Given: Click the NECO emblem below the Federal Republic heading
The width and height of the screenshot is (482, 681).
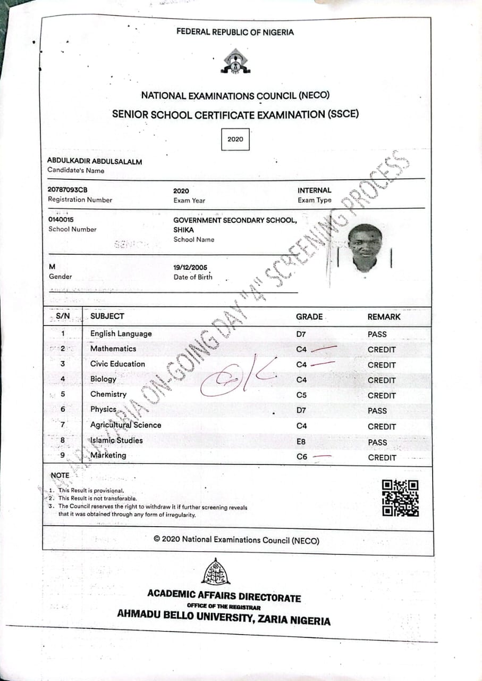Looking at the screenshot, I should pyautogui.click(x=234, y=61).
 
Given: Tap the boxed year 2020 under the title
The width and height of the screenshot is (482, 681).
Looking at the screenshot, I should pyautogui.click(x=235, y=139).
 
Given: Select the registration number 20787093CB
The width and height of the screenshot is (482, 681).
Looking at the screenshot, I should pyautogui.click(x=67, y=190).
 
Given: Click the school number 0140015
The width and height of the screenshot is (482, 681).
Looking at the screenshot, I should pyautogui.click(x=61, y=219).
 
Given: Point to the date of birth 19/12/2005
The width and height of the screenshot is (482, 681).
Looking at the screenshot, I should pyautogui.click(x=190, y=267).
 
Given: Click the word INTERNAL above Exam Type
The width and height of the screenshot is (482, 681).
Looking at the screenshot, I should pyautogui.click(x=314, y=190).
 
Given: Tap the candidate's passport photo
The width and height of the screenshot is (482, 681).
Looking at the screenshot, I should pyautogui.click(x=365, y=248).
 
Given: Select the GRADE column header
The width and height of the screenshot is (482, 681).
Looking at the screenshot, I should pyautogui.click(x=309, y=317).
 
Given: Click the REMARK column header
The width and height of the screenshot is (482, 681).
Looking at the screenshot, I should pyautogui.click(x=384, y=317).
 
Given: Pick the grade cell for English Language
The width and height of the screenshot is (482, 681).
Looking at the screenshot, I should pyautogui.click(x=301, y=334).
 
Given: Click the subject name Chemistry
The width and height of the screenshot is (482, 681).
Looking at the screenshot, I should pyautogui.click(x=108, y=394).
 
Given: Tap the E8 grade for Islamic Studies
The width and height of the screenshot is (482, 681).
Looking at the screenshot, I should pyautogui.click(x=301, y=441).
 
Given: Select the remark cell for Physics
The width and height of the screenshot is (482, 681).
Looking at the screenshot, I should pyautogui.click(x=377, y=411).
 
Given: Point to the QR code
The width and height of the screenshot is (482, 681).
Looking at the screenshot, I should pyautogui.click(x=400, y=498).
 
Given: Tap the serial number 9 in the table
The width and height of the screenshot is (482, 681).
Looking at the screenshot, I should pyautogui.click(x=63, y=455).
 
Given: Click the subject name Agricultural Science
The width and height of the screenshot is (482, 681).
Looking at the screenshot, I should pyautogui.click(x=125, y=425).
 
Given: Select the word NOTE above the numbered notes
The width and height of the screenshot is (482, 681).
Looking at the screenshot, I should pyautogui.click(x=60, y=475).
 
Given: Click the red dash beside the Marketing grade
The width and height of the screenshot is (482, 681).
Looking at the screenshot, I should pyautogui.click(x=322, y=456).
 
